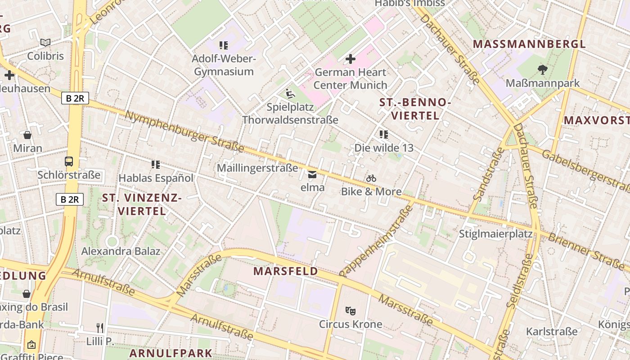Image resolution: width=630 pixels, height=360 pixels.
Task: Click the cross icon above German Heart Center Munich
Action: pos(351,59)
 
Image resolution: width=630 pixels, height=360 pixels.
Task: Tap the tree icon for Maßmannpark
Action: pos(542,70)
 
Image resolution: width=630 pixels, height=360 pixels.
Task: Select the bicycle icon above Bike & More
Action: pos(371,179)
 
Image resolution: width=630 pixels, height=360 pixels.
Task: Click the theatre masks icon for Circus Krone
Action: pos(351,310)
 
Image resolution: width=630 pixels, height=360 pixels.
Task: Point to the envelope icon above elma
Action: pos(312,174)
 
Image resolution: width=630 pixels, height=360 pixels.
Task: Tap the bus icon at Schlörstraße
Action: pos(69,162)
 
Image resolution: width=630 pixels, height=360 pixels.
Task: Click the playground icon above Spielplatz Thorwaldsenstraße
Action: pos(290,94)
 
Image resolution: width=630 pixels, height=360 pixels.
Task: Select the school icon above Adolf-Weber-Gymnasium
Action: pos(224,45)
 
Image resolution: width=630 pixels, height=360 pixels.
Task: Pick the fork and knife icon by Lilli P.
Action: pos(100,328)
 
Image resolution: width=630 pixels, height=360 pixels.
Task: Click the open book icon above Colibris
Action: pos(45,43)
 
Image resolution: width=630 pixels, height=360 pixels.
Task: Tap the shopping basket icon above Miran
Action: pos(27,135)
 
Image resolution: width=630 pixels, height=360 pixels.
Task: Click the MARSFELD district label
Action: pos(285,271)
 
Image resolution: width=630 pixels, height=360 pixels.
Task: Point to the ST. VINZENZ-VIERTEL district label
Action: pos(142,204)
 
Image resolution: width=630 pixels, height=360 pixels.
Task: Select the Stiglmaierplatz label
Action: pos(495,234)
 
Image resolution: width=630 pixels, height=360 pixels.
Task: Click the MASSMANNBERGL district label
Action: pos(530,44)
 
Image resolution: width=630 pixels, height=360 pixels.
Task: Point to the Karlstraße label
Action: pos(552,332)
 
